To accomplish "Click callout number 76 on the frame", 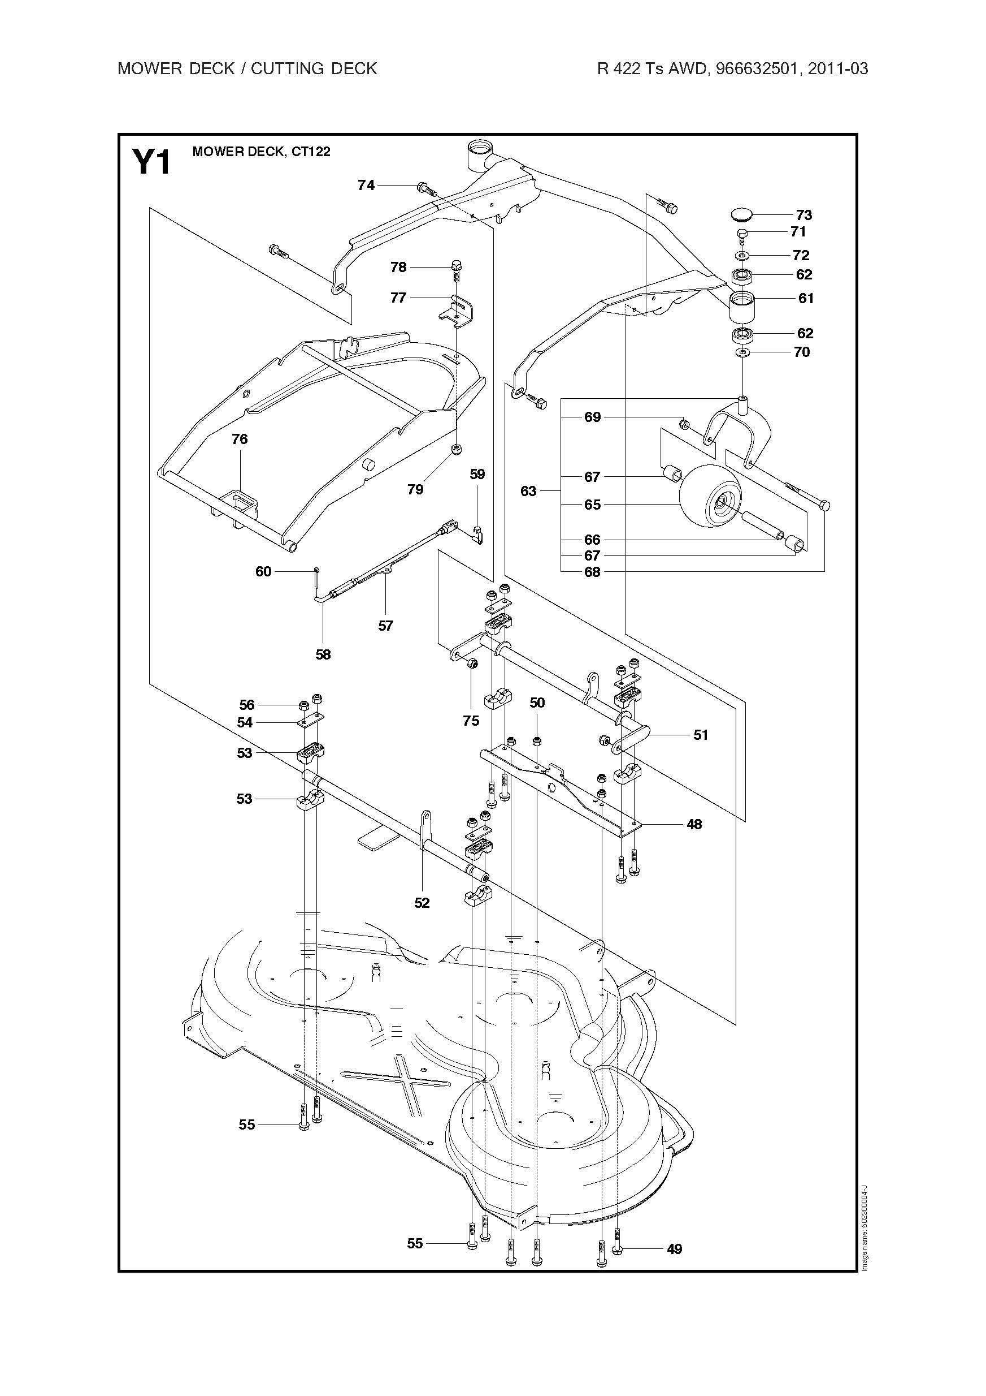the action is [240, 439].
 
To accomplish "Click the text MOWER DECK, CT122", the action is [261, 152].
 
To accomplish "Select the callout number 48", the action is [694, 825].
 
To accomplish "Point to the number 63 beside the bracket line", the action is [528, 490].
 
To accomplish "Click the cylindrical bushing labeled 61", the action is [741, 309].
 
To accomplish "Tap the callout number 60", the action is [263, 571].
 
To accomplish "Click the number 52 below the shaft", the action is [422, 903].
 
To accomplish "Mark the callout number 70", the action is [802, 352].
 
